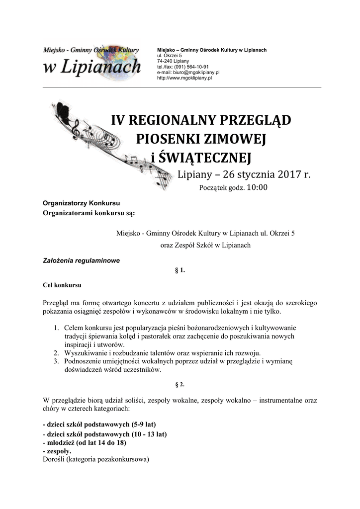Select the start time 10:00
pos(257,187)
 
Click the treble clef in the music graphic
pos(76,130)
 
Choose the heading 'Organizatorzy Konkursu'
pos(82,203)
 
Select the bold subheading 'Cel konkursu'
pos(62,286)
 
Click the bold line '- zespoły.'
pos(57,451)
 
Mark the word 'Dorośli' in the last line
pos(54,460)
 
